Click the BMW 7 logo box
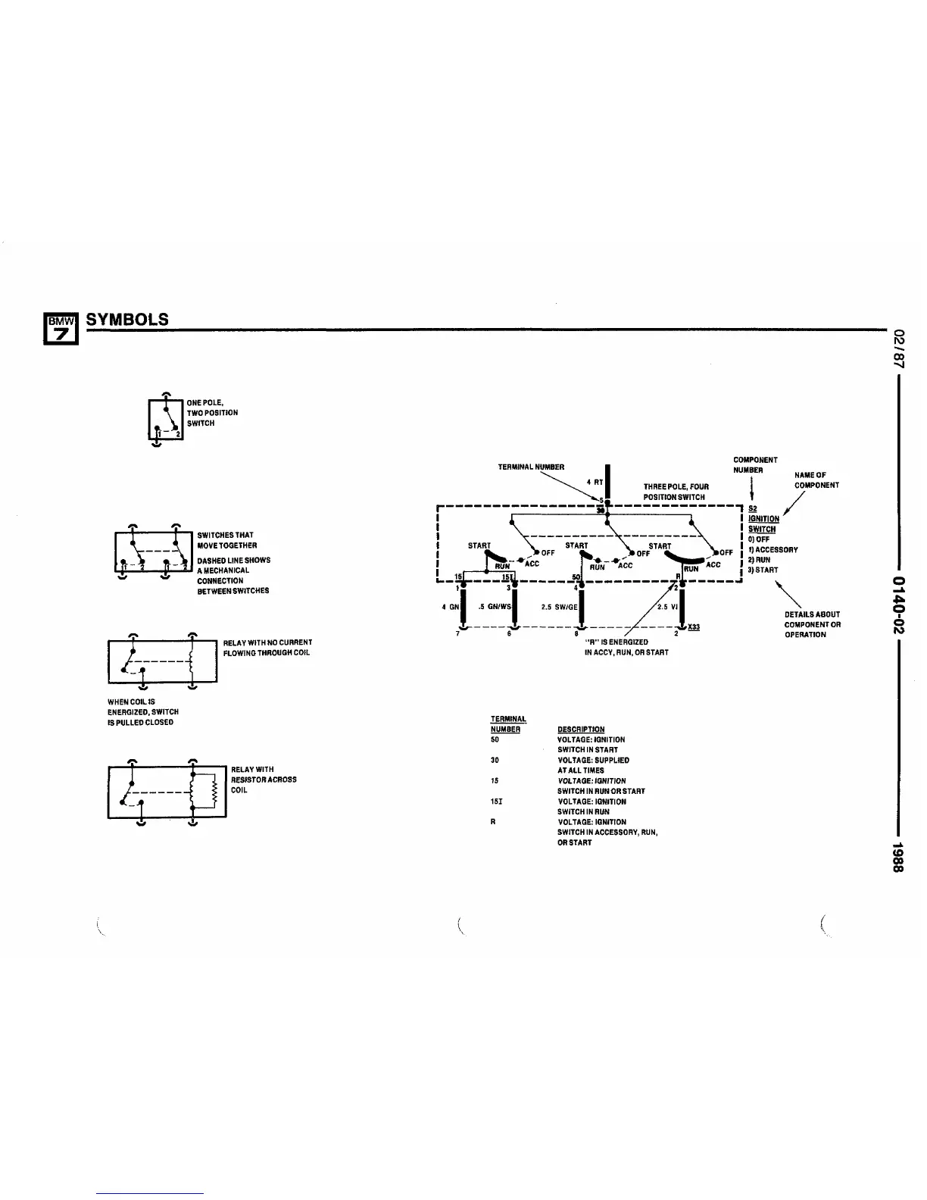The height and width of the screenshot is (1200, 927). pyautogui.click(x=60, y=328)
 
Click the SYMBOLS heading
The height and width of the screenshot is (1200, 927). pyautogui.click(x=128, y=319)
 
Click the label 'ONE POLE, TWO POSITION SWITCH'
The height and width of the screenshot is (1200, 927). pyautogui.click(x=212, y=413)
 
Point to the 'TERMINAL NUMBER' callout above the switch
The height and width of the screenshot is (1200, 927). pyautogui.click(x=531, y=467)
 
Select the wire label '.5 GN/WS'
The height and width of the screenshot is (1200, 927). pyautogui.click(x=495, y=606)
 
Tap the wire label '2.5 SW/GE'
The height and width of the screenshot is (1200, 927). pyautogui.click(x=559, y=606)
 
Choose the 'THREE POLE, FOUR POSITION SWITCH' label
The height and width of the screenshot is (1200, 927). pyautogui.click(x=676, y=492)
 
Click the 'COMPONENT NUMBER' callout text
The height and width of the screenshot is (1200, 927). pyautogui.click(x=755, y=465)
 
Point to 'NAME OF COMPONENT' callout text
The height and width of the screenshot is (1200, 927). pyautogui.click(x=816, y=480)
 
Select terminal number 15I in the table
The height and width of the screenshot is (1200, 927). pyautogui.click(x=496, y=802)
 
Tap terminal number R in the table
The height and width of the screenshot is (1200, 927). pyautogui.click(x=493, y=822)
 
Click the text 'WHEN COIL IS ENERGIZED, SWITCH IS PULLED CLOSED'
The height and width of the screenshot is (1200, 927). pyautogui.click(x=142, y=712)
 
